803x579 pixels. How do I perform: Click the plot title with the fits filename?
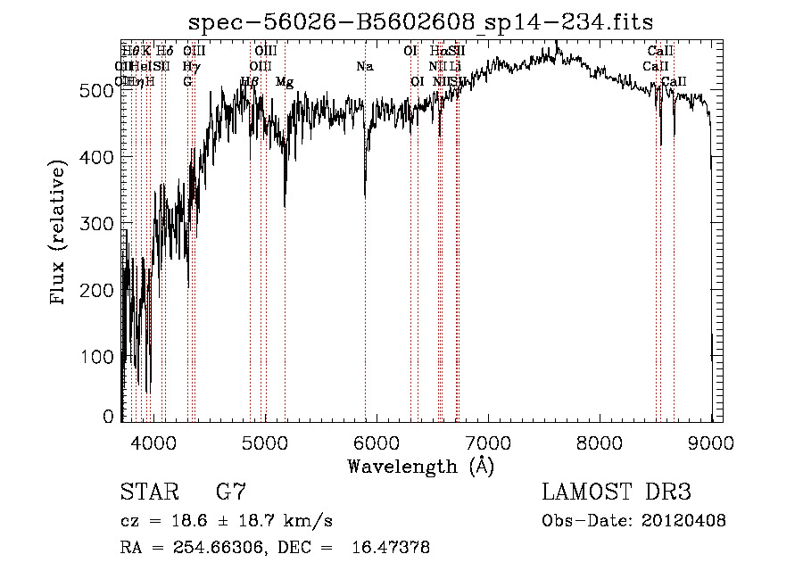pyautogui.click(x=420, y=21)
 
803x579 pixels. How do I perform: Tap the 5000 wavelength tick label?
pyautogui.click(x=264, y=441)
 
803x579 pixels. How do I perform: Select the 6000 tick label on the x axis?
pyautogui.click(x=377, y=441)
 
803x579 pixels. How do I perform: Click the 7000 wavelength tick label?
pyautogui.click(x=488, y=441)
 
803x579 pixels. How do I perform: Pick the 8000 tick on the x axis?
pyautogui.click(x=600, y=441)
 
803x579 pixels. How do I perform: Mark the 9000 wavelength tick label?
pyautogui.click(x=711, y=441)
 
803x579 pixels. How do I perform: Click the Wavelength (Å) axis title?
pyautogui.click(x=420, y=466)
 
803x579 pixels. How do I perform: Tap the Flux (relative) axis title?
pyautogui.click(x=60, y=234)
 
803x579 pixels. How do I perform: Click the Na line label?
pyautogui.click(x=364, y=67)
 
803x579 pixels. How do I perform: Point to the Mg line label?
pyautogui.click(x=285, y=82)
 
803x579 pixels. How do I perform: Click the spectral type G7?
pyautogui.click(x=231, y=492)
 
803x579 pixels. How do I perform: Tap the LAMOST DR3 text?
pyautogui.click(x=617, y=492)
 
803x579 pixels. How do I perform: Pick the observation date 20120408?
pyautogui.click(x=684, y=521)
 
